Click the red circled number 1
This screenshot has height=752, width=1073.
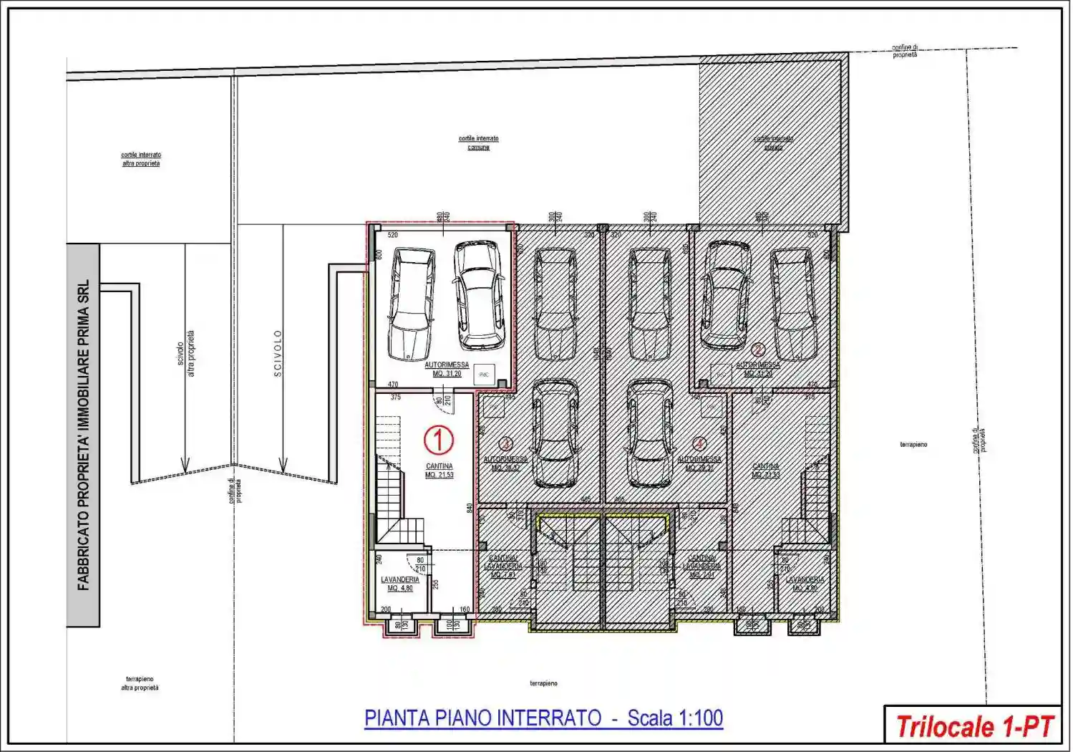(x=439, y=440)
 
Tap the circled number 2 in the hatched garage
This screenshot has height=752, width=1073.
(x=758, y=350)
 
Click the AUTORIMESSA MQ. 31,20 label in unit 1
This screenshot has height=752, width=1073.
(x=447, y=369)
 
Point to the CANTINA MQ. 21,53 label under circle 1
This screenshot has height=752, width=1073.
(x=439, y=471)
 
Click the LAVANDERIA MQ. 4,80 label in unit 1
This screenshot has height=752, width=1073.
(x=399, y=584)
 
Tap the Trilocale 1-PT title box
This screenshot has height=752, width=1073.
(x=973, y=726)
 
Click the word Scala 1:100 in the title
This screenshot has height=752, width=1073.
(x=675, y=718)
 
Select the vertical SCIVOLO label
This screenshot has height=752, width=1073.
(x=278, y=353)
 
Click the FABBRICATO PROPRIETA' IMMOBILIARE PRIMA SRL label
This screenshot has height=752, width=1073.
(x=84, y=435)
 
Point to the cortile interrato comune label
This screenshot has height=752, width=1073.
(x=478, y=143)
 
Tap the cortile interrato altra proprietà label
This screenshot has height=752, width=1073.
(x=140, y=159)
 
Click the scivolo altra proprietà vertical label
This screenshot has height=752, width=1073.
(x=185, y=353)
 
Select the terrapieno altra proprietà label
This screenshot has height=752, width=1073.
(x=140, y=683)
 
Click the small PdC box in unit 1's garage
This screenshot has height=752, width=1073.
(x=484, y=374)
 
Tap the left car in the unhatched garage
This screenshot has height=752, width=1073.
(x=412, y=304)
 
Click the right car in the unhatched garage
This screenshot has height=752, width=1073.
(x=479, y=295)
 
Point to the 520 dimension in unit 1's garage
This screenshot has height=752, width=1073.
(x=392, y=235)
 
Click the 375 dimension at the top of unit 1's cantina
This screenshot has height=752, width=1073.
(x=396, y=397)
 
